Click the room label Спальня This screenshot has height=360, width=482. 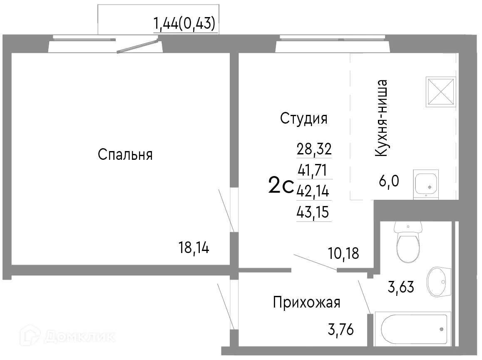tap(125, 155)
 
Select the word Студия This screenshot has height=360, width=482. tap(303, 119)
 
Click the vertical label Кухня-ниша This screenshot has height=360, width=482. tap(382, 118)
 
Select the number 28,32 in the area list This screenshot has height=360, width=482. tap(314, 148)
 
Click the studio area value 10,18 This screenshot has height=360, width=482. tap(343, 253)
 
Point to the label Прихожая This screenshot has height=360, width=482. tap(306, 303)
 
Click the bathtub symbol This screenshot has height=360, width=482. tap(413, 328)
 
